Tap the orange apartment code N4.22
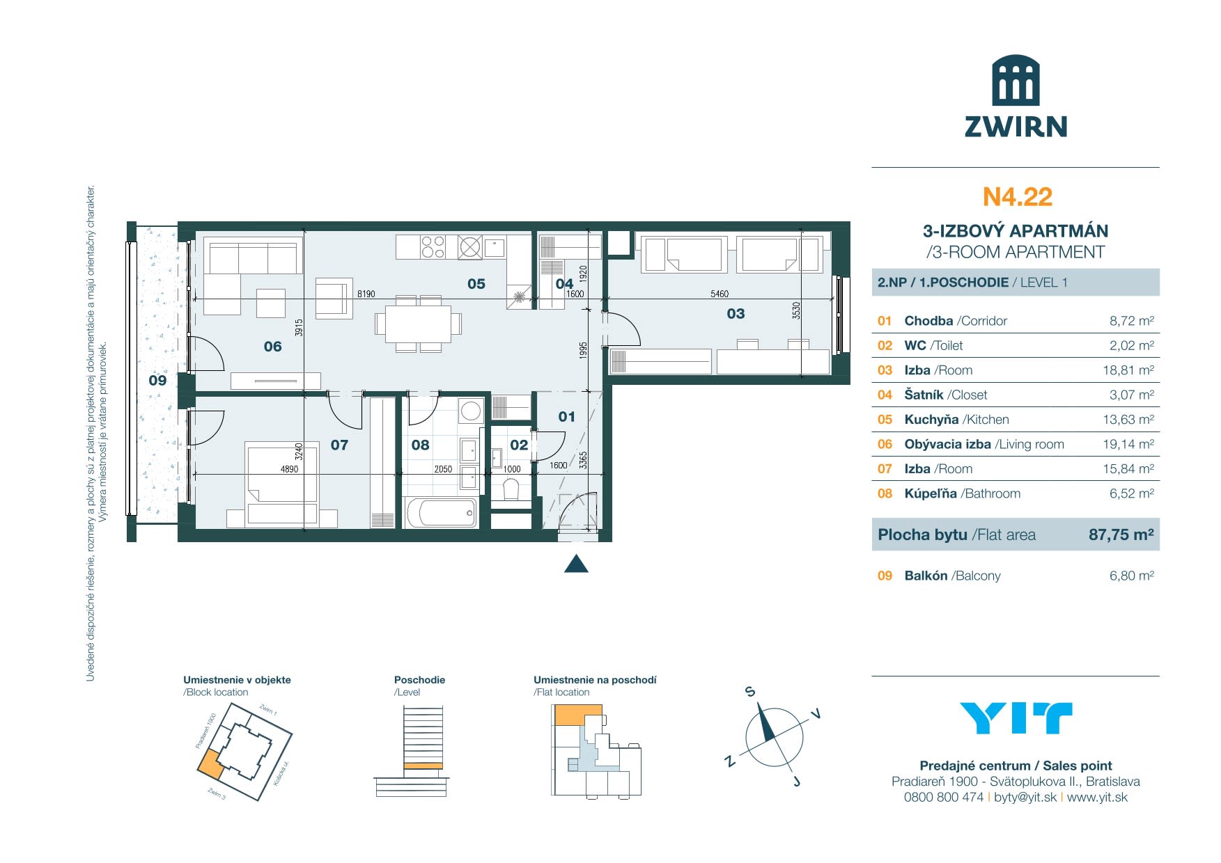[x=1017, y=197]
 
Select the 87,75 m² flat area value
[x=1121, y=535]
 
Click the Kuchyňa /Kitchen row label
[x=956, y=420]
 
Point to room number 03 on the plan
[x=736, y=314]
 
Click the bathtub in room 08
[x=442, y=513]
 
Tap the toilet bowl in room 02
[x=511, y=489]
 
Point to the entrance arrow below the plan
[x=576, y=564]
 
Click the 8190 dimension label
[x=366, y=294]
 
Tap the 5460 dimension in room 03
[x=720, y=294]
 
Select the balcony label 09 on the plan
[x=157, y=381]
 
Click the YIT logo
[x=1016, y=718]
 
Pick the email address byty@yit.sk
[x=1025, y=798]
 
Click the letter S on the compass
[x=750, y=691]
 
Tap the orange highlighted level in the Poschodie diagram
[x=423, y=766]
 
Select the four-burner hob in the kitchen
[x=433, y=247]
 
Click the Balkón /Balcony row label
[x=952, y=576]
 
